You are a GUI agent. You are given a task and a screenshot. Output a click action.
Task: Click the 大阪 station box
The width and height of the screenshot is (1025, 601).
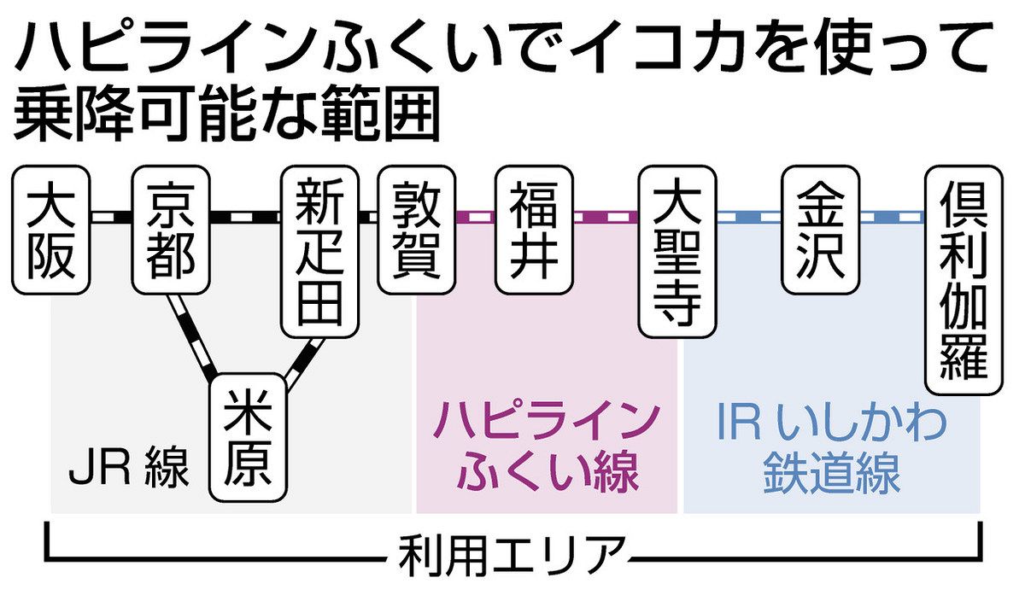(51, 230)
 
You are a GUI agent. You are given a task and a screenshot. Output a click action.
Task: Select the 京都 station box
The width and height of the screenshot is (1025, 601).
(171, 230)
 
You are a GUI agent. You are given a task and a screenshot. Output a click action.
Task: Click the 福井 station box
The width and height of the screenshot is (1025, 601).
(534, 230)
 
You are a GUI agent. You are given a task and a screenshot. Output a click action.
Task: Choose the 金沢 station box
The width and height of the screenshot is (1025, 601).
(821, 230)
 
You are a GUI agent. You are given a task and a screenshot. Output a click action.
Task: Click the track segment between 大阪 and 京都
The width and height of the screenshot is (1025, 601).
(111, 217)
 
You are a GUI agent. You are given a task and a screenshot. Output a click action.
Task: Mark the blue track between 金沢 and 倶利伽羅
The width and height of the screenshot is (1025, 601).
(892, 217)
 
